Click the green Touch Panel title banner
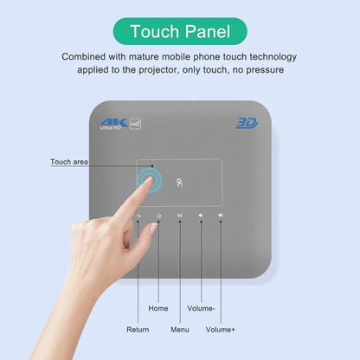click(179, 32)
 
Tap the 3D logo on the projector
click(247, 123)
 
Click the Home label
click(158, 307)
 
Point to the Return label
click(138, 329)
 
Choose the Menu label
click(180, 329)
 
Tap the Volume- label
click(201, 307)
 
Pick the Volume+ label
click(222, 329)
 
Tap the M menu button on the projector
click(180, 215)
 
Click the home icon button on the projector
click(158, 215)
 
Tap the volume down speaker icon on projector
click(201, 215)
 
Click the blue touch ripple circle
click(149, 181)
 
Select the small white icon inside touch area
click(179, 182)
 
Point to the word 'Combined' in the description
click(85, 56)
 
